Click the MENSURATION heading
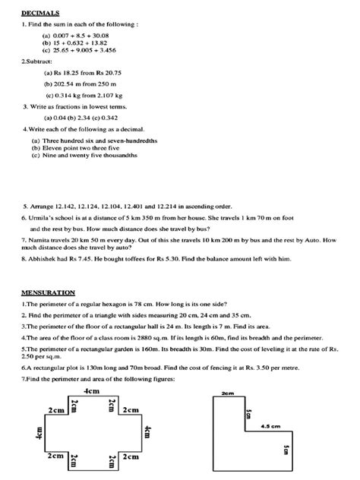[48, 292]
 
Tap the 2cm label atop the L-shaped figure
[226, 394]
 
